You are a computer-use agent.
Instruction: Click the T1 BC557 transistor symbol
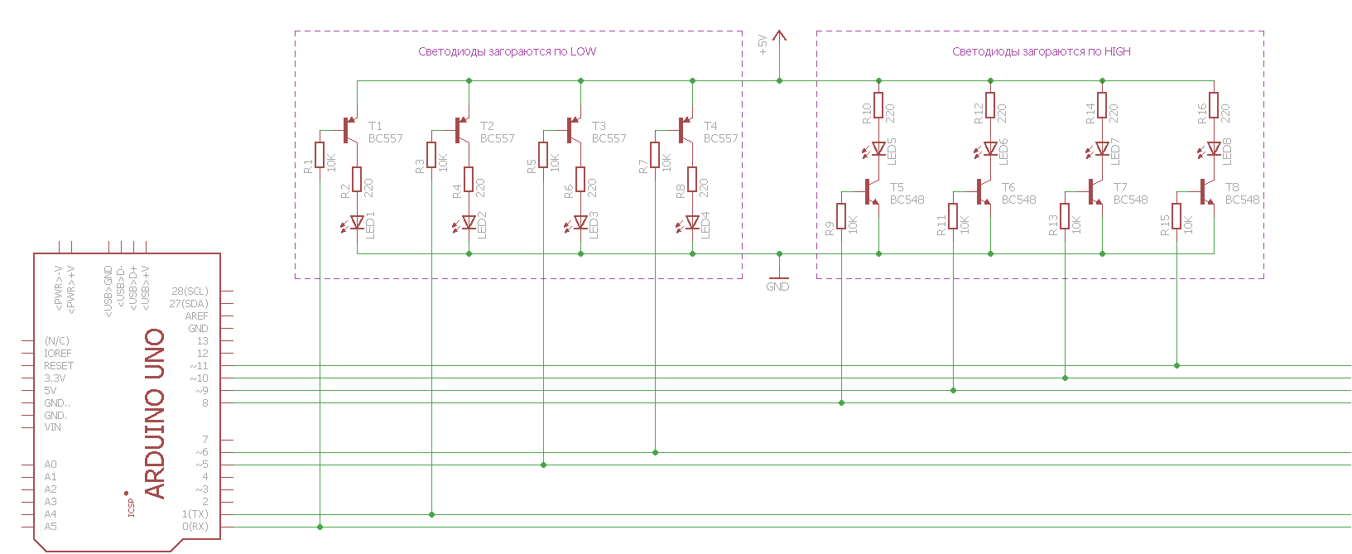point(349,130)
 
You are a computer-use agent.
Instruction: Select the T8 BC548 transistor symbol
point(1206,192)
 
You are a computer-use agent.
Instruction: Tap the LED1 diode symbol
point(358,222)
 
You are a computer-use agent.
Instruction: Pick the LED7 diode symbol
point(1102,149)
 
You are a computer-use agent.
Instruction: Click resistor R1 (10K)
point(320,155)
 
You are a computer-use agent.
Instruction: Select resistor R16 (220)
point(1214,105)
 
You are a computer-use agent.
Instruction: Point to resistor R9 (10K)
point(841,216)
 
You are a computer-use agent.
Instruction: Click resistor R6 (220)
point(580,179)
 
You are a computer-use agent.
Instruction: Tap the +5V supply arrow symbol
point(779,37)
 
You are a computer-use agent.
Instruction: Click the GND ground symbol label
point(778,287)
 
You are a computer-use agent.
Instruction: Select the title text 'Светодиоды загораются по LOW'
point(507,51)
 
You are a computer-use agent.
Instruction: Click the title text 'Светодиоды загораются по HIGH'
point(1041,51)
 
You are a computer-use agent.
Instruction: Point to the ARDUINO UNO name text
point(155,413)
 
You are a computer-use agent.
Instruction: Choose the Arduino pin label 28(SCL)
point(190,291)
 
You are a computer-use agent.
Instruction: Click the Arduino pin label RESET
point(58,366)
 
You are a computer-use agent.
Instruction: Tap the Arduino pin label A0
point(51,465)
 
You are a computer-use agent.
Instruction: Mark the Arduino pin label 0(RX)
point(195,527)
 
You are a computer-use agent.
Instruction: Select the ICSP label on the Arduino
point(131,508)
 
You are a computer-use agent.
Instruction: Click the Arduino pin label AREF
point(196,316)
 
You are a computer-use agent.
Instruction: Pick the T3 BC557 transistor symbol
point(573,130)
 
